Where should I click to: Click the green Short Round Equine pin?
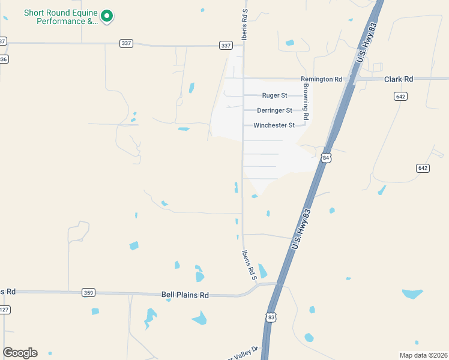[x=107, y=16]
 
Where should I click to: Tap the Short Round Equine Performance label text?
[x=60, y=17]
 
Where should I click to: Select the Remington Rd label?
[x=321, y=79]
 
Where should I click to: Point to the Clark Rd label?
[x=399, y=79]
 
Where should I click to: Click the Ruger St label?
[x=274, y=95]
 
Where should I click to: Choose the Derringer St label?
[x=274, y=110]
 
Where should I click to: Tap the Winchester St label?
[x=274, y=125]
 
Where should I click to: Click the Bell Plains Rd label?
[x=185, y=295]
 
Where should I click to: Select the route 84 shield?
[x=326, y=158]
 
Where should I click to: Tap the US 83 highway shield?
[x=271, y=317]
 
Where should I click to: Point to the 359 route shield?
[x=88, y=293]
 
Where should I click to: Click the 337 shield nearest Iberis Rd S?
[x=225, y=46]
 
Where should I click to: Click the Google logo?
[x=20, y=353]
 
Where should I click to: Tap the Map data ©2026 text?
[x=423, y=355]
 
